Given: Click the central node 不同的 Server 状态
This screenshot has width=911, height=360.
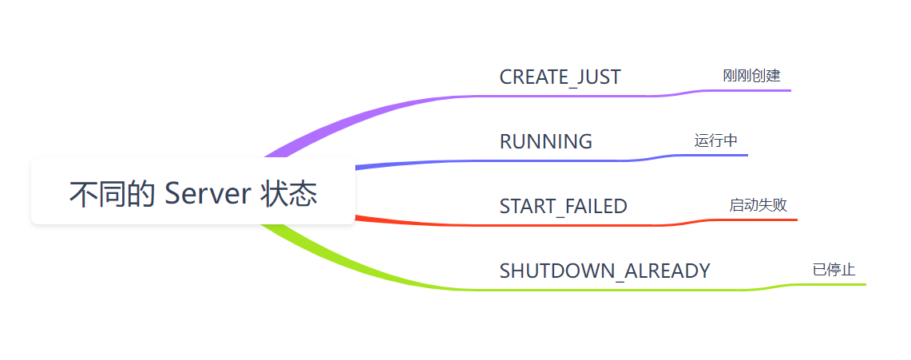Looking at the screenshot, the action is pyautogui.click(x=193, y=191).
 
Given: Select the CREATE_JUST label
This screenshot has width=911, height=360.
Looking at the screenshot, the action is pyautogui.click(x=560, y=77).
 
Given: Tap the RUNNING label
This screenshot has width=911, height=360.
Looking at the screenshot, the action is pyautogui.click(x=545, y=141).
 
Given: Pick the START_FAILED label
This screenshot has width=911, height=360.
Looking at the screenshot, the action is pyautogui.click(x=563, y=206).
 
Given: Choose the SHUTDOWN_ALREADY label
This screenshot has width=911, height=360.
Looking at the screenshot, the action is pyautogui.click(x=605, y=271).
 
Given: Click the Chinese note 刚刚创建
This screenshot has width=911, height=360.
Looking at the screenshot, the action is pyautogui.click(x=752, y=76).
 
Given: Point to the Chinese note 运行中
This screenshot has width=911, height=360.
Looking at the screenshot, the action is pyautogui.click(x=715, y=140).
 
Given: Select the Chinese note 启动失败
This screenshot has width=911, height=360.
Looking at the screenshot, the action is pyautogui.click(x=759, y=205).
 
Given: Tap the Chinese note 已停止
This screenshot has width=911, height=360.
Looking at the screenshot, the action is pyautogui.click(x=834, y=270).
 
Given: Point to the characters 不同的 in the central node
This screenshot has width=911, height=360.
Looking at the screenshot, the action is pyautogui.click(x=112, y=193).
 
